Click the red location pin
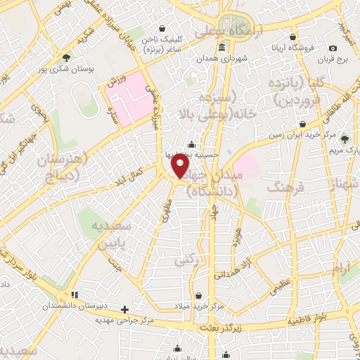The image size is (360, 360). (181, 166)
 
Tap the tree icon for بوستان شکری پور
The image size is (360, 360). (67, 57)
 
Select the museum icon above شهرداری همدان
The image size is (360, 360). (222, 48)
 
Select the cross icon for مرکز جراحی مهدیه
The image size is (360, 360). (124, 309)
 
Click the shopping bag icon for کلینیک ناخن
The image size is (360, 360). (163, 29)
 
